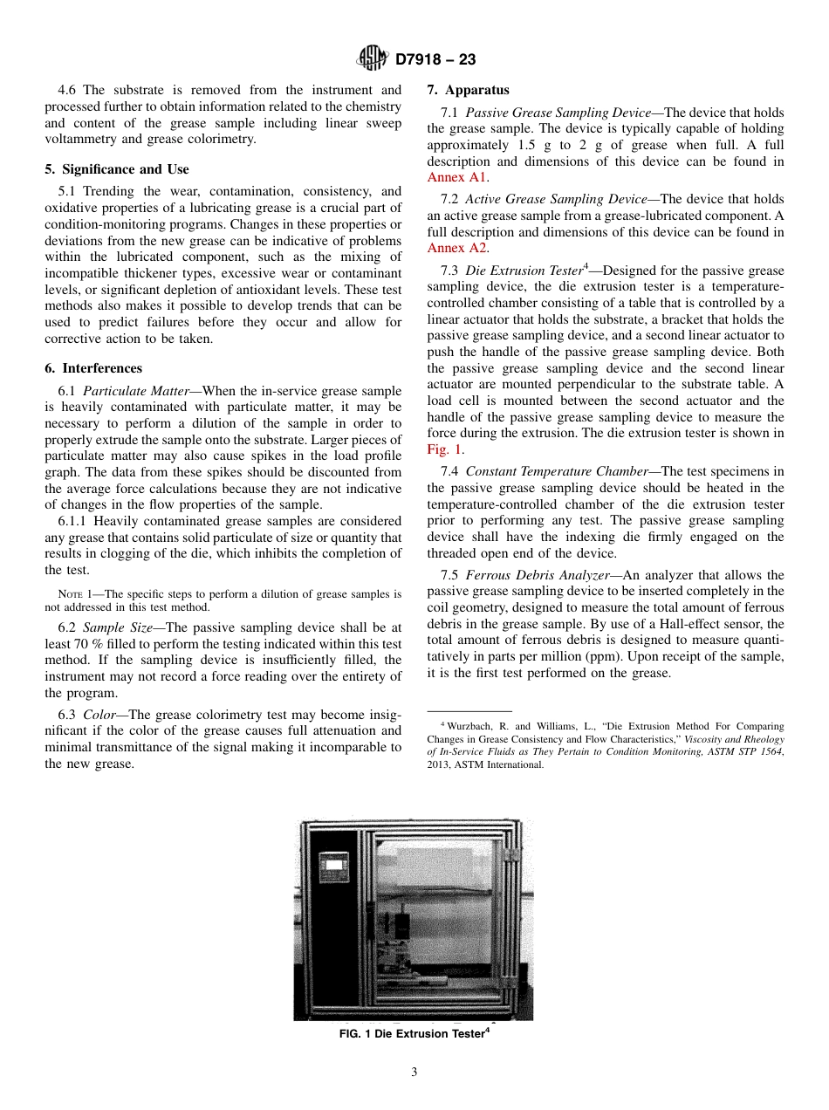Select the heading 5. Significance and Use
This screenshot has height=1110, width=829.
coord(117,169)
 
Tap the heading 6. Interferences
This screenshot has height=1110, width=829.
coord(93,368)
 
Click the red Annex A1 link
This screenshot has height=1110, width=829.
coord(456,177)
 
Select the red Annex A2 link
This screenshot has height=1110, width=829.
coord(456,248)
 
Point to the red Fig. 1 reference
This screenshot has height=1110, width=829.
coord(444,449)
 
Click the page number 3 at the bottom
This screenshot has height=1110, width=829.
coord(414,1072)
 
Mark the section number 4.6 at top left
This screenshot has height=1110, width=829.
coord(68,90)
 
